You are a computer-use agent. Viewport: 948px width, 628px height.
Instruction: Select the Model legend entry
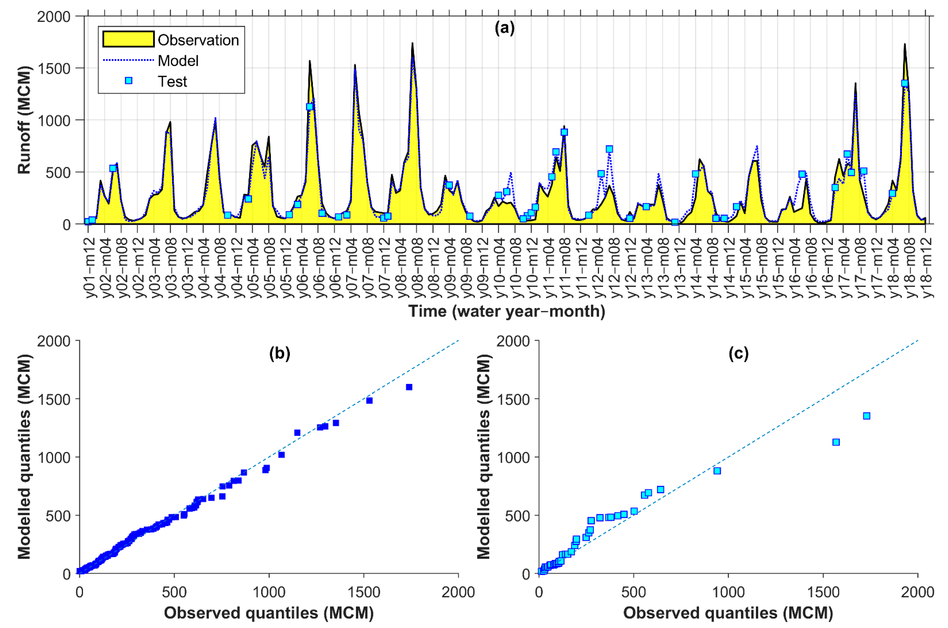click(x=178, y=61)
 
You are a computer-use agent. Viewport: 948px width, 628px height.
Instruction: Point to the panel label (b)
click(x=279, y=353)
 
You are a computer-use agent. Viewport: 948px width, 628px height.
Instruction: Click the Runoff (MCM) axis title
click(x=24, y=120)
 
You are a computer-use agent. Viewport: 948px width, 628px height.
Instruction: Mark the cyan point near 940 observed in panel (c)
click(x=717, y=471)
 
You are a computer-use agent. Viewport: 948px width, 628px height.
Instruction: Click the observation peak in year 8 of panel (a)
click(x=412, y=43)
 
